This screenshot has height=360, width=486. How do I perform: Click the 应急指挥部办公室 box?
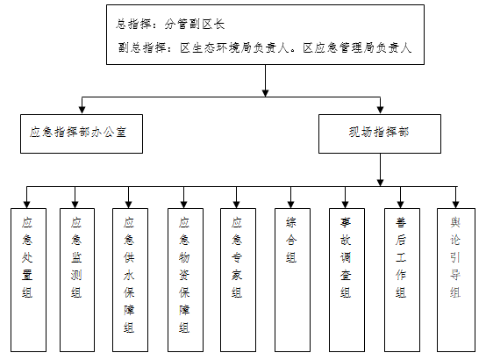[x=82, y=133]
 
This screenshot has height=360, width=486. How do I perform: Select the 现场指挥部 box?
[x=380, y=133]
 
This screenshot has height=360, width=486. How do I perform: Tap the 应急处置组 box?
[x=29, y=280]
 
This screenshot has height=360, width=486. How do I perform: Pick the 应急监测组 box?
[x=77, y=280]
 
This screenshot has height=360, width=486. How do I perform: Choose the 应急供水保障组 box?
[x=130, y=280]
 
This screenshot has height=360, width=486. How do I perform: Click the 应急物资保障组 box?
[x=185, y=280]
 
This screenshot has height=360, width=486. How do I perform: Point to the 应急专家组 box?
[x=238, y=280]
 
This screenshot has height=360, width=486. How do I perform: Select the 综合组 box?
[x=292, y=280]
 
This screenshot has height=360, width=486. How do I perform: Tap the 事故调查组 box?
[x=347, y=280]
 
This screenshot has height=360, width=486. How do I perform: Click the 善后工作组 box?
[x=402, y=280]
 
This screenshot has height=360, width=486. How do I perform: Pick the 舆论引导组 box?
[x=456, y=280]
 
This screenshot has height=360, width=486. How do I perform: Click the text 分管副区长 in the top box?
[x=195, y=25]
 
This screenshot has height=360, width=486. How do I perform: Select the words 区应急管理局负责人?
[x=357, y=48]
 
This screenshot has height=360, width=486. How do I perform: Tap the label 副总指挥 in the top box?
[x=142, y=48]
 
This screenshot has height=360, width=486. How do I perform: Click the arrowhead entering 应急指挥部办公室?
[x=82, y=110]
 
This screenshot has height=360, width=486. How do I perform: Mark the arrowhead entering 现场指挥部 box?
[x=381, y=110]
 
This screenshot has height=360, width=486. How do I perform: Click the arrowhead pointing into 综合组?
[x=290, y=204]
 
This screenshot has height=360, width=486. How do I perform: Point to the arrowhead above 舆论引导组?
[x=455, y=204]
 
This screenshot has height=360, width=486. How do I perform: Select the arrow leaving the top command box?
[x=265, y=81]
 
